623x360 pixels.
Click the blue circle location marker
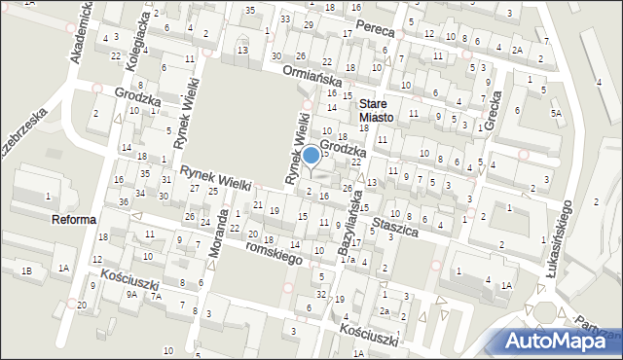tap(311, 154)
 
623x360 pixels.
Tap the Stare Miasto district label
tap(376, 110)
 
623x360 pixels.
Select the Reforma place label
tap(74, 220)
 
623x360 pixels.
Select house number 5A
tap(556, 114)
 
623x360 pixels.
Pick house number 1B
tap(27, 270)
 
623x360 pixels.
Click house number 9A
tap(130, 294)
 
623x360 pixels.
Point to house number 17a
tap(346, 260)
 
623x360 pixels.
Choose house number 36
tap(124, 201)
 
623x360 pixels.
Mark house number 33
tap(284, 18)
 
